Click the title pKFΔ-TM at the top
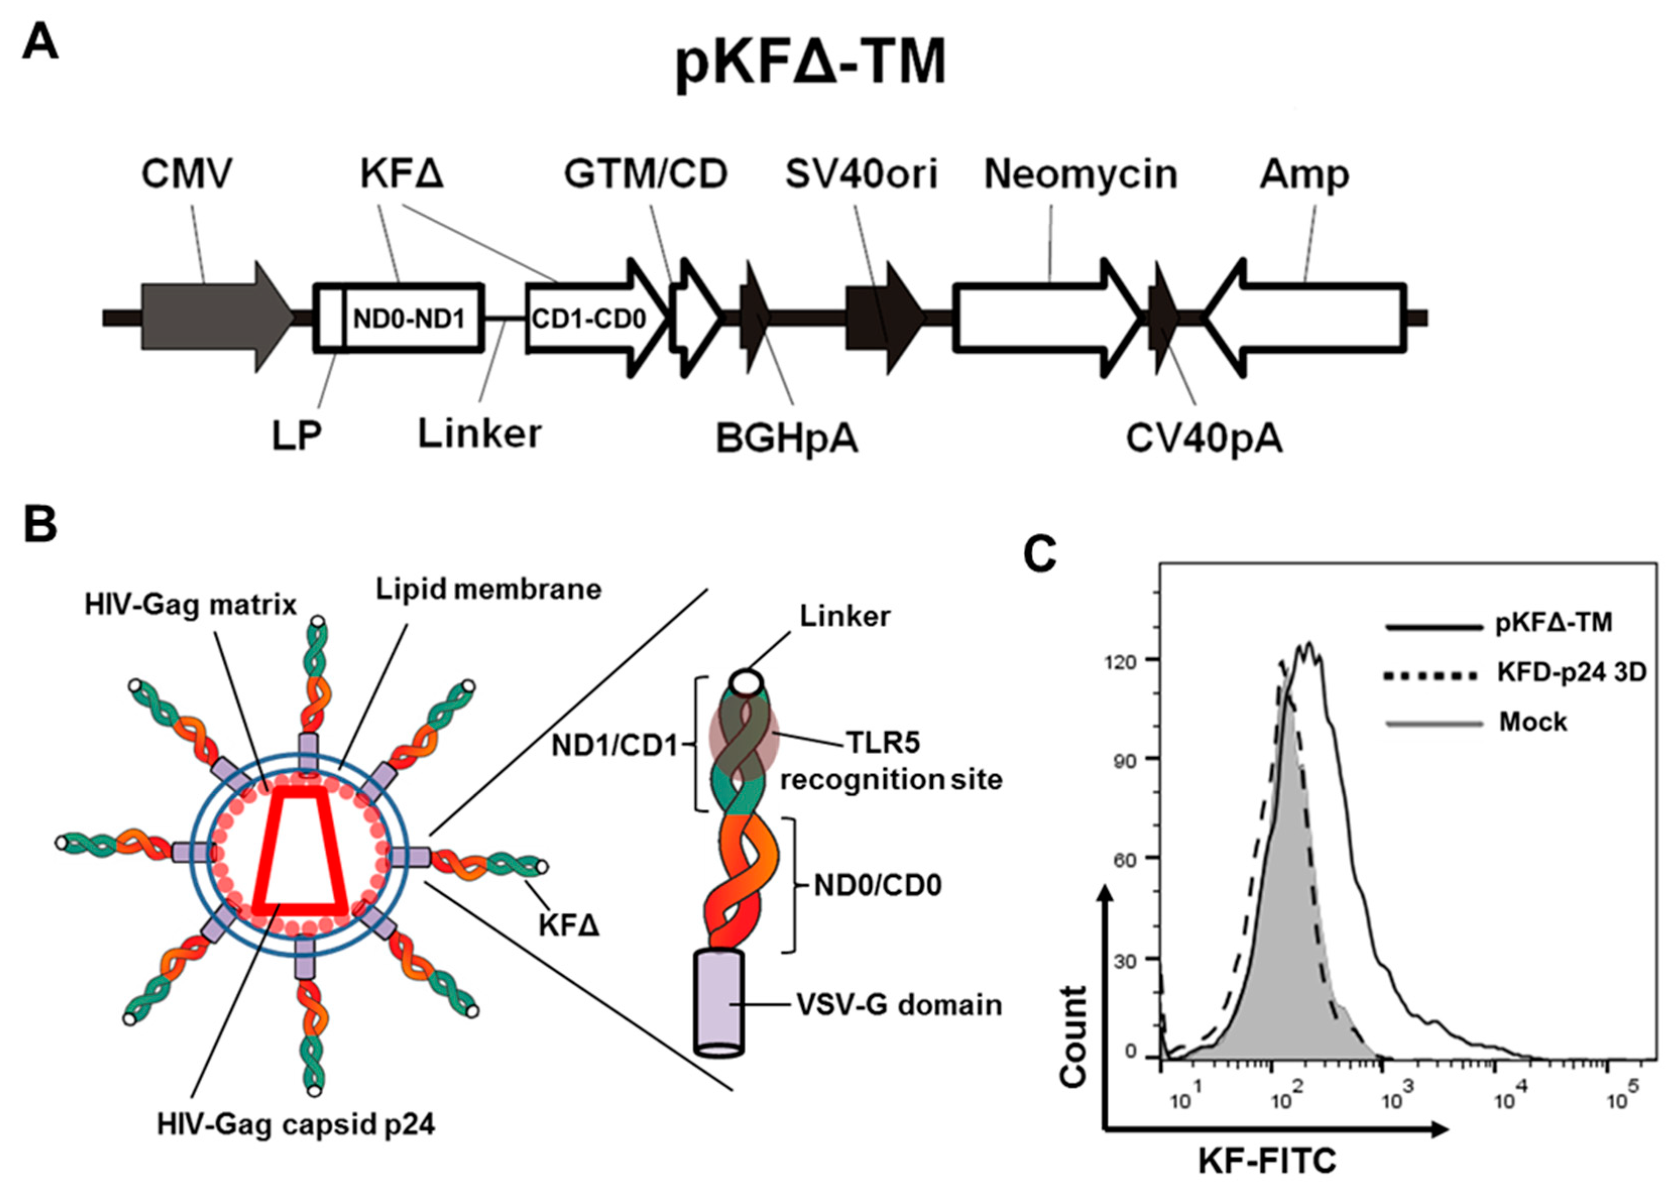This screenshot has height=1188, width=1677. pos(811,64)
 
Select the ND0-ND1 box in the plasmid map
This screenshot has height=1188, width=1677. pos(410,318)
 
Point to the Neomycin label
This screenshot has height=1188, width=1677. pos(1080,175)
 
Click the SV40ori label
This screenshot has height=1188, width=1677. pos(861,175)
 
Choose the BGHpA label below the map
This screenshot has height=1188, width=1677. pos(786,439)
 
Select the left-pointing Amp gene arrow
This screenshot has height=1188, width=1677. pos(1310,318)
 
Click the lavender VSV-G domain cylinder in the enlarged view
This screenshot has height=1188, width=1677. pos(718,1002)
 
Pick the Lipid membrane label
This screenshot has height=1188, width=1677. pos(488,589)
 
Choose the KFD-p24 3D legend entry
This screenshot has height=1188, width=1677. pos(1570,672)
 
